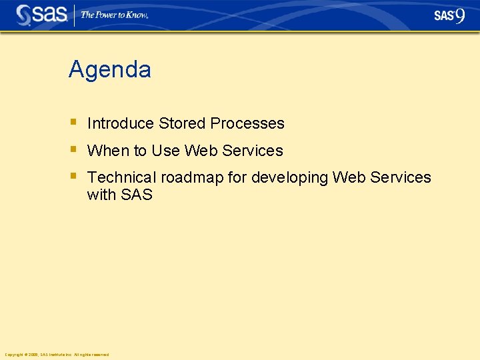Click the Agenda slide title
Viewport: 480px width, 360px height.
click(x=110, y=70)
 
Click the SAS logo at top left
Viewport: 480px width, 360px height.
click(x=42, y=15)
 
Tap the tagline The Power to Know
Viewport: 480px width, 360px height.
click(x=114, y=15)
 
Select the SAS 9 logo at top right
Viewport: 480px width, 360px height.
click(x=449, y=15)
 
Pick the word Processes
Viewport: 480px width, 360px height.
click(x=247, y=124)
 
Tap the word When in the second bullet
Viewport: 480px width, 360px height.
click(x=108, y=151)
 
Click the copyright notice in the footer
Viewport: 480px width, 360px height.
click(x=56, y=355)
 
